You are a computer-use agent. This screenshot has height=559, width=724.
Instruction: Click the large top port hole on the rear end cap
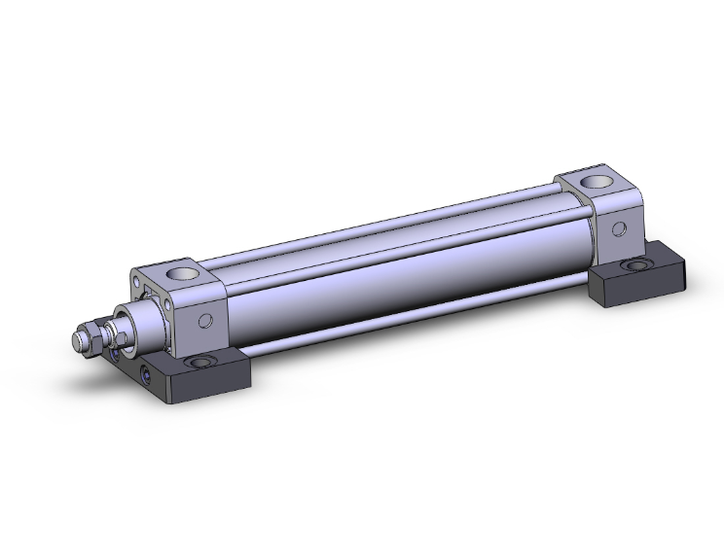pyautogui.click(x=594, y=182)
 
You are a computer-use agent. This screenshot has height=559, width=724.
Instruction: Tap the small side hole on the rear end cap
pyautogui.click(x=617, y=229)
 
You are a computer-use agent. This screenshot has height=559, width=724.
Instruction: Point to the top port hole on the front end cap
pyautogui.click(x=180, y=274)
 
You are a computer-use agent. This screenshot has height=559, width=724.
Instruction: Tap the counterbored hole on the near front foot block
pyautogui.click(x=201, y=362)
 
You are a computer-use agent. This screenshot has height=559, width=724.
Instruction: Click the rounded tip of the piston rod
pyautogui.click(x=77, y=341)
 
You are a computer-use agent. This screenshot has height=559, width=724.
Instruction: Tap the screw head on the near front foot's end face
pyautogui.click(x=147, y=374)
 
